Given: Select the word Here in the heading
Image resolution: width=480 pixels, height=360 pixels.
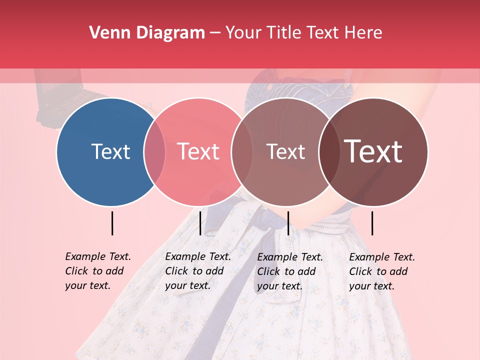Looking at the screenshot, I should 363,32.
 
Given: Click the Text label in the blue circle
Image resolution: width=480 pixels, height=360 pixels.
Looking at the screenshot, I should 110,151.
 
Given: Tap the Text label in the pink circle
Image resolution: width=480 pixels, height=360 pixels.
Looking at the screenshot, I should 198,151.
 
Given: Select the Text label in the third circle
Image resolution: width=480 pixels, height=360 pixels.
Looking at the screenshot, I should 285,151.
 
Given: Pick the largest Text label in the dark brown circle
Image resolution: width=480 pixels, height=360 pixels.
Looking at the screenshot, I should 373,151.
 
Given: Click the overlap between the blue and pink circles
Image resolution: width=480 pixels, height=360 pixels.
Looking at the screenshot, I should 154,151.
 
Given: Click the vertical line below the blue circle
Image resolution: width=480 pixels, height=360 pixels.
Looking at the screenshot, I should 112,223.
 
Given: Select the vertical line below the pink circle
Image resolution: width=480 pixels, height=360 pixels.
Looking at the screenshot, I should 200,223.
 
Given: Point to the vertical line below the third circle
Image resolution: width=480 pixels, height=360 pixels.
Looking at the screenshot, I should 288,223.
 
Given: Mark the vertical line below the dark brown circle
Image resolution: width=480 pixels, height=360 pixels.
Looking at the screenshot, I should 372,223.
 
